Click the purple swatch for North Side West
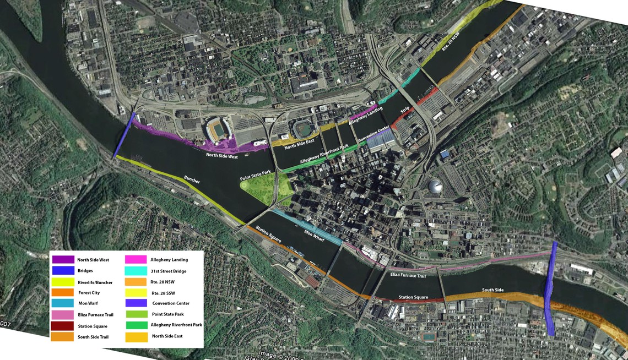pos(63,259)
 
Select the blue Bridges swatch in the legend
pos(63,270)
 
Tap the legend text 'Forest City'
pos(89,293)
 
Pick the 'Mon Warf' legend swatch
pos(63,303)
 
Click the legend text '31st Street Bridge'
pos(169,271)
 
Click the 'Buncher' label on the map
pos(192,181)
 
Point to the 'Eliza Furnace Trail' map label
pos(408,274)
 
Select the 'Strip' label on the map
pos(405,110)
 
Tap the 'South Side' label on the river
pos(493,290)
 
